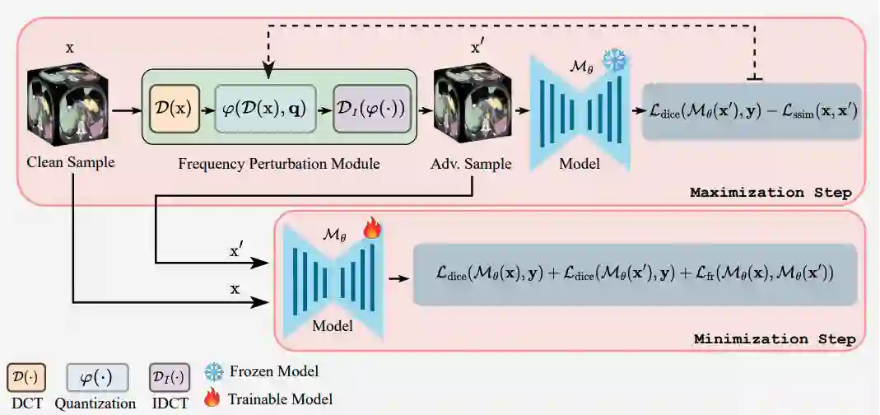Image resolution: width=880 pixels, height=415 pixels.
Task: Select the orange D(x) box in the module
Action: (x=175, y=107)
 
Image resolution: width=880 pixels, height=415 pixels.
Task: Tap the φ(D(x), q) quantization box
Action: (x=265, y=107)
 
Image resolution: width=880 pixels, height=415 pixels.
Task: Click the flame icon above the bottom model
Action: (x=372, y=229)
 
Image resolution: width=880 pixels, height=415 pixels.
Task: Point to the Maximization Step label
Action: (x=770, y=193)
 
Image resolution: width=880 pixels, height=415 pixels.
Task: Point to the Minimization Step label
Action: (x=775, y=339)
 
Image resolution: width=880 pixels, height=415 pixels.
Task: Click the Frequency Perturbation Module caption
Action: (x=279, y=163)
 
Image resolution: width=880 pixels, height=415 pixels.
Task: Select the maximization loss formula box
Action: (x=751, y=111)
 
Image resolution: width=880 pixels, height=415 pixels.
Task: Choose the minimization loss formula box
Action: (x=634, y=274)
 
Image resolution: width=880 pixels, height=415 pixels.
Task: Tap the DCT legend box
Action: (x=26, y=378)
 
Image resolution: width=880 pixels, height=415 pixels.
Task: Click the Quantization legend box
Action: (x=96, y=378)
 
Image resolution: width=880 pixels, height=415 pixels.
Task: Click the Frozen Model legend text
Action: (x=275, y=372)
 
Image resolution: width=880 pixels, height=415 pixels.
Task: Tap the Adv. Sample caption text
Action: (x=470, y=163)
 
